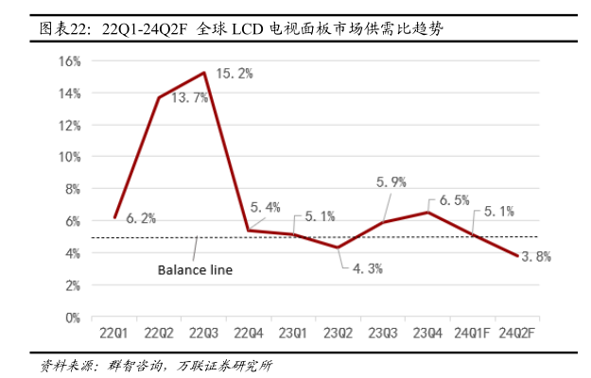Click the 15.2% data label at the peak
pyautogui.click(x=235, y=74)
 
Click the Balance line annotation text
pyautogui.click(x=194, y=269)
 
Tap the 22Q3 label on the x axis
pyautogui.click(x=205, y=334)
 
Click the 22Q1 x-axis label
pyautogui.click(x=115, y=334)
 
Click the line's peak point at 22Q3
pyautogui.click(x=204, y=73)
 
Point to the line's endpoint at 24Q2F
pyautogui.click(x=516, y=256)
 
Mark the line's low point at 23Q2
pyautogui.click(x=338, y=248)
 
